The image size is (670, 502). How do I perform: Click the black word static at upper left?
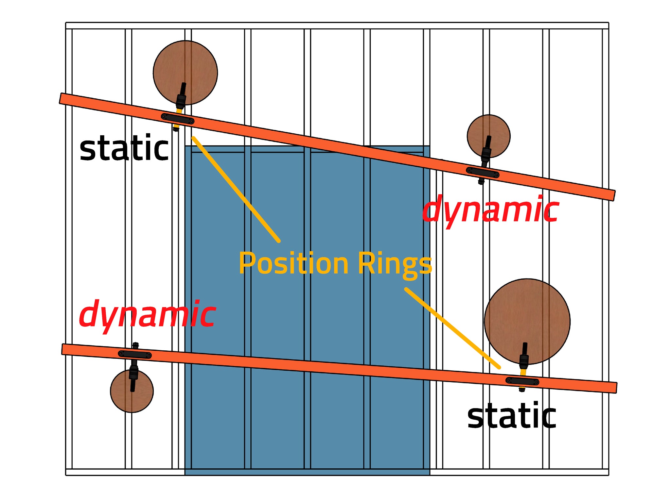(x=124, y=149)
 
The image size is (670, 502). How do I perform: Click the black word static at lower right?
(x=512, y=416)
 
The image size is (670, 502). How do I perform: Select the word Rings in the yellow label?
(x=395, y=264)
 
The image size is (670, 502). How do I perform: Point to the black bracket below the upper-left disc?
(x=178, y=119)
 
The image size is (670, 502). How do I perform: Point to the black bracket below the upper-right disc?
(x=483, y=172)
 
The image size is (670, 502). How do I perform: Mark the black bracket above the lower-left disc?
(x=135, y=355)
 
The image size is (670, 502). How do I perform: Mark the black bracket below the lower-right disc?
(x=522, y=381)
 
